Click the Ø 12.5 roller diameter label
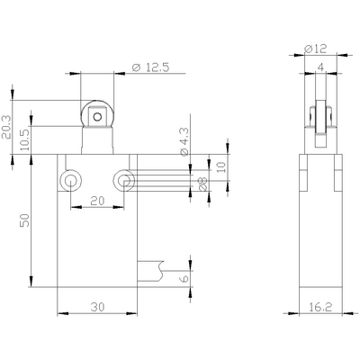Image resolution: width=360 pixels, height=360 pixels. (149, 67)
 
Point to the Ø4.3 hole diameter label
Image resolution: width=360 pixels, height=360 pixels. (184, 141)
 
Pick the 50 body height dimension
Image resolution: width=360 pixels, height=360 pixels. (25, 220)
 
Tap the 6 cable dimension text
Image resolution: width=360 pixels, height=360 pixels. (186, 280)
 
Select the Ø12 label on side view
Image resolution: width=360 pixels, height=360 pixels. (318, 47)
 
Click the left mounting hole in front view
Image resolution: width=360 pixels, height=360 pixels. (70, 181)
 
